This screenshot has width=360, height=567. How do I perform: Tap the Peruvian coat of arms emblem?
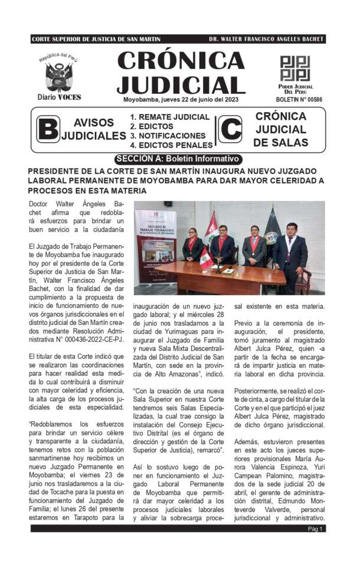coord(59,76)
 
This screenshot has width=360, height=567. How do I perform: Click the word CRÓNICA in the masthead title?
coord(181,61)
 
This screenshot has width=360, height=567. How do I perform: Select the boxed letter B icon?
coord(48,129)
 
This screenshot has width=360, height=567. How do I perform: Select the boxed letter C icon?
coord(230,129)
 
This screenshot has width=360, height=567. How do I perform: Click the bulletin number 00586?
coord(300,100)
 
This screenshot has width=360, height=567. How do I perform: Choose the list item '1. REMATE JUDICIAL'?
coord(169,117)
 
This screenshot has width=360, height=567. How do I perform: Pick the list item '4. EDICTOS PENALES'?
coord(171,145)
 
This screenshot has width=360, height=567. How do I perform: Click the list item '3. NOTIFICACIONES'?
coord(168,135)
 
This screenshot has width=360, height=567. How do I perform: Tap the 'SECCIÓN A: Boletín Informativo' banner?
coord(177,159)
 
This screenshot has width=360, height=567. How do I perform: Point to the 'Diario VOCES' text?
coord(59,97)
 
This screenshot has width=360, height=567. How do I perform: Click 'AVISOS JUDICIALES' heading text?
coord(94,129)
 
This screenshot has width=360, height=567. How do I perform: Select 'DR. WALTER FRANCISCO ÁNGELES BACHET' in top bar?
coord(266,39)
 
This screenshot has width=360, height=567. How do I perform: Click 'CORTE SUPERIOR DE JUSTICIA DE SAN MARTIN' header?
coord(96,39)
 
